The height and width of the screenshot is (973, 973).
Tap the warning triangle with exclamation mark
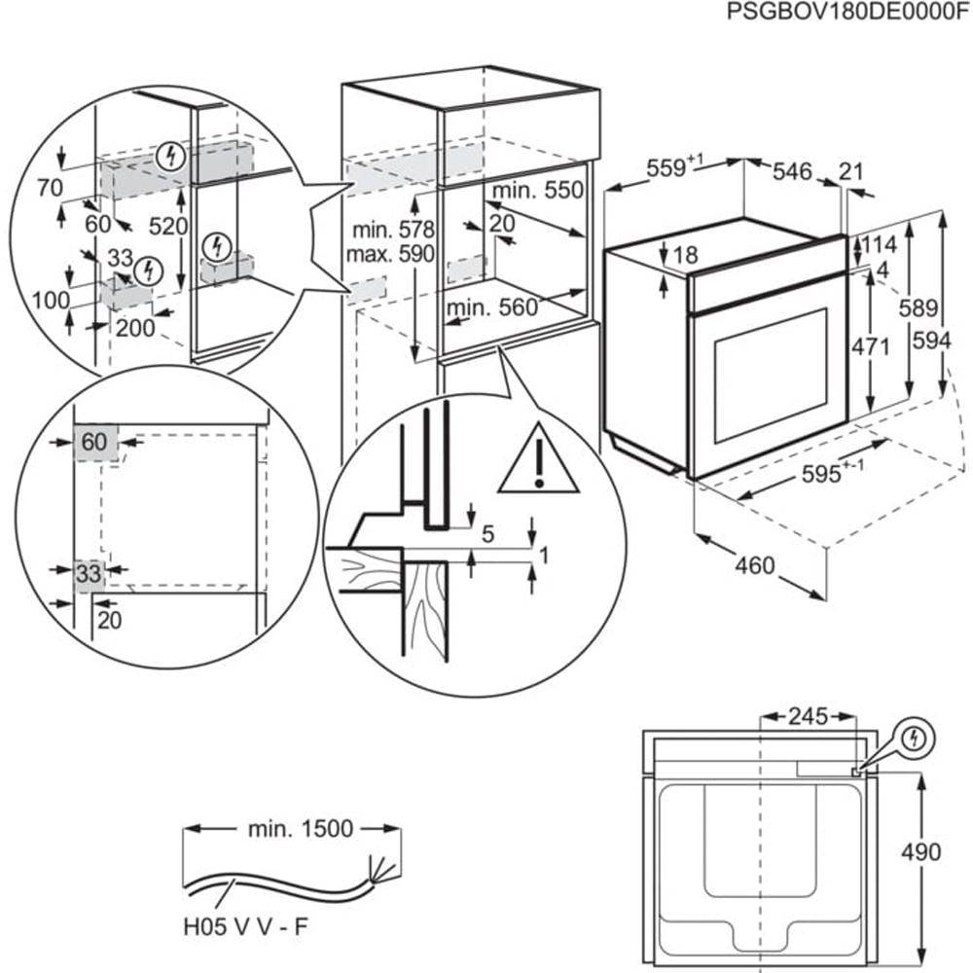[x=538, y=458]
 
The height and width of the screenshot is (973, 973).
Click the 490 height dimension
[x=919, y=852]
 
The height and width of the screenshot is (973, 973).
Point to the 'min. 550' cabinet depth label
[x=538, y=190]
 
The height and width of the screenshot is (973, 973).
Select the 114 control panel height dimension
[x=879, y=244]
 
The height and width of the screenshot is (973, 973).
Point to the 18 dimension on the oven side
[x=685, y=256]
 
